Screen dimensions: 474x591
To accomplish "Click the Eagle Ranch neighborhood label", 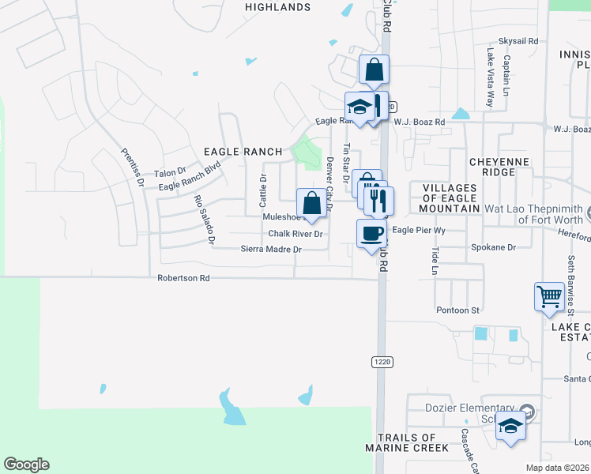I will point(243,151).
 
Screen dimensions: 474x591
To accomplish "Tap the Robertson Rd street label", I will point(183,278).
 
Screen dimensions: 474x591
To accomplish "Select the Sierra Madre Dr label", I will point(271,249).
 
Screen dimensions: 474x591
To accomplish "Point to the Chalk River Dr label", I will point(295,234).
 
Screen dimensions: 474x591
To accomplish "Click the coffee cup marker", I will point(371,234).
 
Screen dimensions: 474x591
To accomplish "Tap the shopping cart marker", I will point(549,298).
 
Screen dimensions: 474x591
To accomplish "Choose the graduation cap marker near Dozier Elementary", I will point(511,427).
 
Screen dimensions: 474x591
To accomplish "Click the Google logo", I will point(26,465).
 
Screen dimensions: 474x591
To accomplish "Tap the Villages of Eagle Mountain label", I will point(450,197).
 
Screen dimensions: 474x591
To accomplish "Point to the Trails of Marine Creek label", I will point(407,442).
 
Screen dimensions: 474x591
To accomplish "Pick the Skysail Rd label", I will point(518,40).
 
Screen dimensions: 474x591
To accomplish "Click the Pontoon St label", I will point(458,310).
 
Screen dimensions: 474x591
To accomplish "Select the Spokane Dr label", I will point(493,247).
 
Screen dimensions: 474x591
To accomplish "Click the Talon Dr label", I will point(169,172).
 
